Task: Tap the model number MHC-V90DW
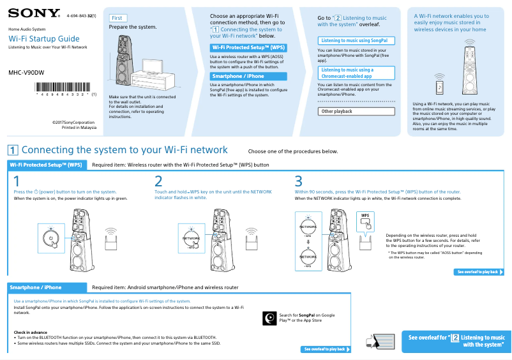(26, 72)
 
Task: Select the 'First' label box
(118, 19)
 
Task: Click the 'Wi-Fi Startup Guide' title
(44, 39)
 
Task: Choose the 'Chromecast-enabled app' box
(356, 73)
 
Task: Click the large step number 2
(158, 181)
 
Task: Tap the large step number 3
(299, 181)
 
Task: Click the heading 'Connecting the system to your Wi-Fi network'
(124, 150)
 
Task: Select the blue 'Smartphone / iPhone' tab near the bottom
(47, 287)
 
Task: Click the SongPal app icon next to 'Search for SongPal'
(269, 317)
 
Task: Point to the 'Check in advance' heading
(31, 332)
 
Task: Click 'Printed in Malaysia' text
(79, 127)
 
